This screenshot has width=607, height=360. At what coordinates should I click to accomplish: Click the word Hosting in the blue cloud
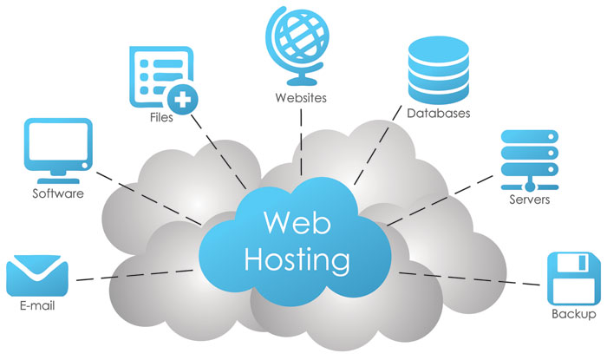pyautogui.click(x=298, y=259)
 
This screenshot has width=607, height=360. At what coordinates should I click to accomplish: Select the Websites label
pyautogui.click(x=300, y=98)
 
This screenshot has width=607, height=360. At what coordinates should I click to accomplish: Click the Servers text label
pyautogui.click(x=530, y=200)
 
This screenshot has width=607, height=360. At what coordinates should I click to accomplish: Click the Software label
pyautogui.click(x=58, y=193)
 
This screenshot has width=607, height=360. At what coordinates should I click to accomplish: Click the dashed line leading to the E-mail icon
pyautogui.click(x=130, y=276)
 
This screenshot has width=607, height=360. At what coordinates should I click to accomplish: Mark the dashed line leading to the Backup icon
pyautogui.click(x=468, y=278)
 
